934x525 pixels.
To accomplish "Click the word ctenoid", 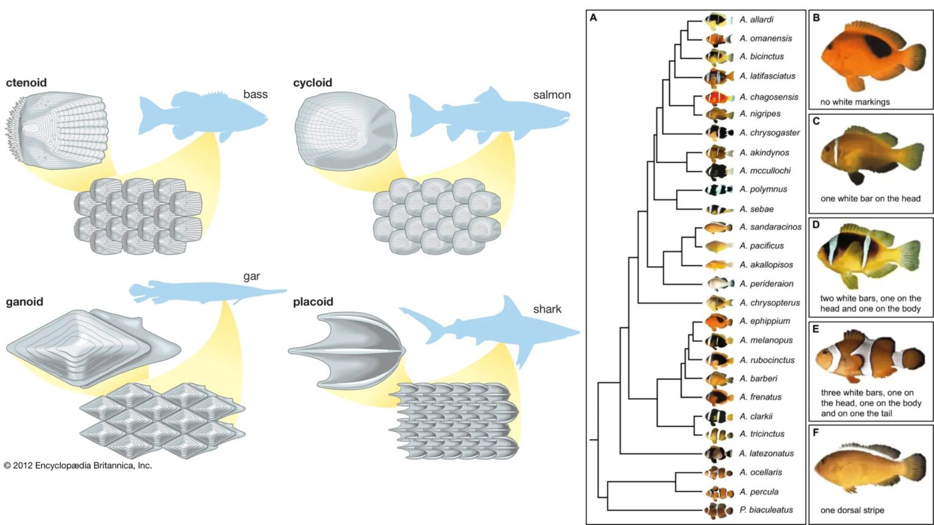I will click(26, 83).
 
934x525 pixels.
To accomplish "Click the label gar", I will click(251, 276).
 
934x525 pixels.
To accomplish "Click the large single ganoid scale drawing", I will click(91, 346).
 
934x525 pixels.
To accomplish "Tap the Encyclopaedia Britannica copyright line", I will click(78, 465).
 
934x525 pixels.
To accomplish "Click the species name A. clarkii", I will click(756, 416).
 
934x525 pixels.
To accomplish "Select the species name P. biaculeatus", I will click(766, 510).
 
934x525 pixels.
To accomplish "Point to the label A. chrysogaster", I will click(769, 132).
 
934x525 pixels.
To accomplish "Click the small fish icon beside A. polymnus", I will click(718, 190).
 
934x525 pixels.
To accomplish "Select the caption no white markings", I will click(854, 102).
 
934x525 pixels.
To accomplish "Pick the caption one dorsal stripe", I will click(852, 510).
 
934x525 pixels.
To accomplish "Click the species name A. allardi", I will click(756, 19).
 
